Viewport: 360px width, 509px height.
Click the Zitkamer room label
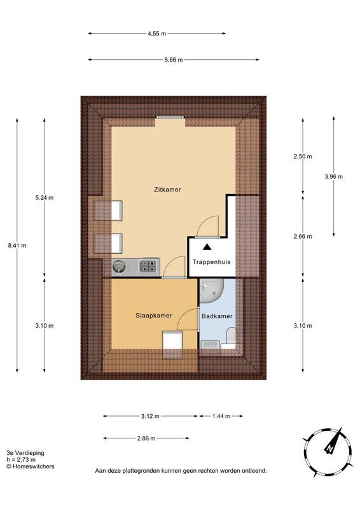click(x=167, y=190)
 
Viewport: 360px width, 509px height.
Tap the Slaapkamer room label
click(x=153, y=316)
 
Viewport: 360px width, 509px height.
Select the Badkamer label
click(x=217, y=316)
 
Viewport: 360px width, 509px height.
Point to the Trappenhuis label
click(x=211, y=262)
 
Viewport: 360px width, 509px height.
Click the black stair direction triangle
click(x=207, y=247)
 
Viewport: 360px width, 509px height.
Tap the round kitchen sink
click(x=118, y=267)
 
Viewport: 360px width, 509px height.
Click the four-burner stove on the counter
click(x=148, y=266)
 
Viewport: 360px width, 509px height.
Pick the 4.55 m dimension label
click(x=157, y=34)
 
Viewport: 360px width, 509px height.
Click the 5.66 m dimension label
click(x=174, y=60)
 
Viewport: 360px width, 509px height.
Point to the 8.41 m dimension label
click(x=17, y=246)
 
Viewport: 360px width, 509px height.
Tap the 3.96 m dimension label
click(x=334, y=177)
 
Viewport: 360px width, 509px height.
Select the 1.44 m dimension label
click(x=221, y=416)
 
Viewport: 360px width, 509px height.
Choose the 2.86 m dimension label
click(x=146, y=438)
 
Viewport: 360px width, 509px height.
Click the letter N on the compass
click(x=330, y=449)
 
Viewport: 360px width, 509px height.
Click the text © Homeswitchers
click(x=31, y=466)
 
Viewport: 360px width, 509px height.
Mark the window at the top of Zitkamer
click(x=170, y=117)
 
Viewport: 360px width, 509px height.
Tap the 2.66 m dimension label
click(x=303, y=237)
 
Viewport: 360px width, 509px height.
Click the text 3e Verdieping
click(x=25, y=453)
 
